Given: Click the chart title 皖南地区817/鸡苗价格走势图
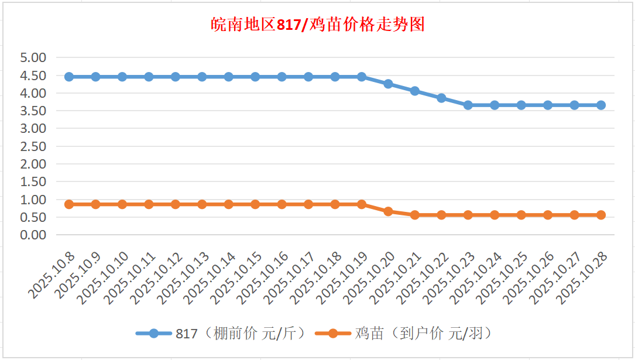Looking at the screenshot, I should pos(317,25).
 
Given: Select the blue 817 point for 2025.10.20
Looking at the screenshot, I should pos(388,84).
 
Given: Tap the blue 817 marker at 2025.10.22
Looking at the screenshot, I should pos(441,98).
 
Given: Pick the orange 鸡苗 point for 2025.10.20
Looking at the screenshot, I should pos(388,211).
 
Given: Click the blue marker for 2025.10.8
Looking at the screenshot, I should pos(69,77).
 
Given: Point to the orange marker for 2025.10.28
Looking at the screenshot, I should pos(601,215).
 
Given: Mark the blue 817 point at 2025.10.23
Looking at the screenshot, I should pos(468,105).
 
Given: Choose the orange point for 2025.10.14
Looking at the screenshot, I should pos(229,204).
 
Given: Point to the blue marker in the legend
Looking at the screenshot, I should pos(153,334).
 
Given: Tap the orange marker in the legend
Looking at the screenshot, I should pos(332,334).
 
